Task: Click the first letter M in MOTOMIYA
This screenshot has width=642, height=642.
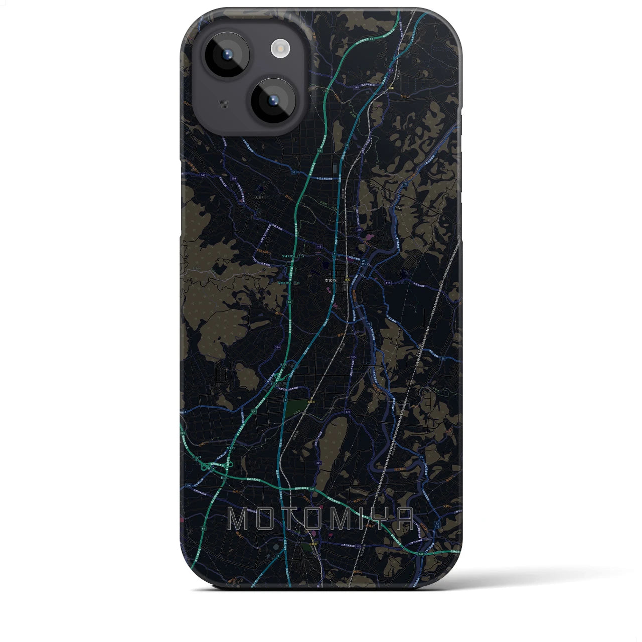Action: pyautogui.click(x=238, y=519)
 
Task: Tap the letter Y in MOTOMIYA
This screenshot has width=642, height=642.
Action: pyautogui.click(x=379, y=519)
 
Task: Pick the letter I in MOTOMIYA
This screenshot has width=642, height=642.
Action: pyautogui.click(x=359, y=519)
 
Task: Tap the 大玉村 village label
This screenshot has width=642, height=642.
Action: pyautogui.click(x=246, y=198)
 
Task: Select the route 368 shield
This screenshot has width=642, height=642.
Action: pyautogui.click(x=356, y=87)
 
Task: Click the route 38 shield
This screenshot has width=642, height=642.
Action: pyautogui.click(x=293, y=172)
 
